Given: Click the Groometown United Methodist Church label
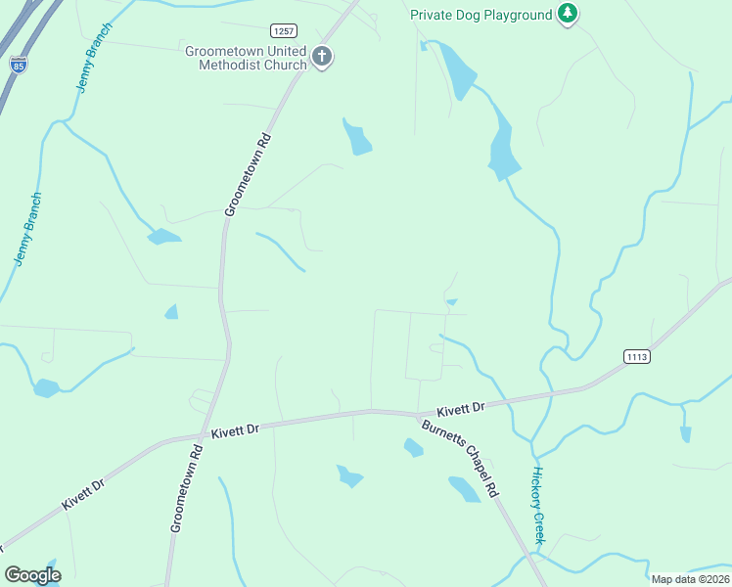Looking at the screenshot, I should pos(246,58).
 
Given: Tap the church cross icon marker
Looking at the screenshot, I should pos(322,58).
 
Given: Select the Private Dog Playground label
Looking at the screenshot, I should pos(480,14).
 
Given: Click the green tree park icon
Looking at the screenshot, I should pos(567,14).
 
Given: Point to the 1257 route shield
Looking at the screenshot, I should pos(284,31).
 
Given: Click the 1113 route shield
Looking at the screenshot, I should pos(636,356).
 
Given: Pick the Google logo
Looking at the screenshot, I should pos(32,575).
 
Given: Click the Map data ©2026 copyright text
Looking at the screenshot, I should pos(690,579).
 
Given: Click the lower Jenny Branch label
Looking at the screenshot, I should pos(28,228).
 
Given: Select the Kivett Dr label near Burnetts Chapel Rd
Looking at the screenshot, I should pos(461,409).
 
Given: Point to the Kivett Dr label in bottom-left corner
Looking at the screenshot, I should pos(84,491).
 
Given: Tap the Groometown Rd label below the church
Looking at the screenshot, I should pos(247,175).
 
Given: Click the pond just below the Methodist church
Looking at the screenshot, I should pos(357,138).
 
